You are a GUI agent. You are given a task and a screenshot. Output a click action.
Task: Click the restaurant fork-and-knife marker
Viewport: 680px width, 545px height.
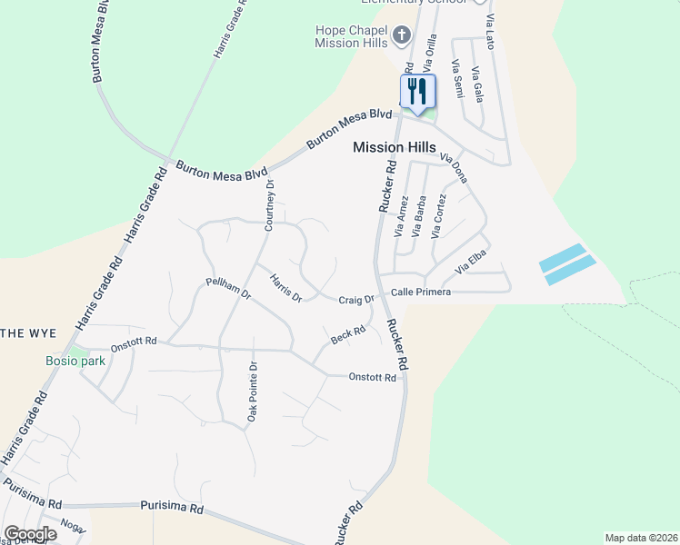coord(418,91)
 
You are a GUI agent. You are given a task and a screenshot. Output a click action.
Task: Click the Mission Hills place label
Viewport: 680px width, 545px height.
coord(394,147)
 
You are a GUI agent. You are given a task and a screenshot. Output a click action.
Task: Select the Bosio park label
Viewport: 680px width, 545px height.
coord(75,361)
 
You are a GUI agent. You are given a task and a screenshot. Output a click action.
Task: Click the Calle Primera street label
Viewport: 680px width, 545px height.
coord(420,292)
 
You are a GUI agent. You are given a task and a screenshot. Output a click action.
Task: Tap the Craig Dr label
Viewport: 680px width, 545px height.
coord(356,300)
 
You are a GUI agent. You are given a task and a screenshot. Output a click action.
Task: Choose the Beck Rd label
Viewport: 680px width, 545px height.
coord(348,336)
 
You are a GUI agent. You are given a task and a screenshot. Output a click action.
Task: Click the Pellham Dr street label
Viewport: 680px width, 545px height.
coord(228,290)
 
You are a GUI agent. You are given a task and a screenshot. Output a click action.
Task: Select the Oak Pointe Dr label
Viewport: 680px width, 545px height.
coord(253,391)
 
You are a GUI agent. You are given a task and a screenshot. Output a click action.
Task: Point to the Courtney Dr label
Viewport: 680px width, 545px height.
coord(269,205)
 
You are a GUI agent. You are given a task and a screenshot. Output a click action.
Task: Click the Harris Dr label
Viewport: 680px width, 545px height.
coord(285,287)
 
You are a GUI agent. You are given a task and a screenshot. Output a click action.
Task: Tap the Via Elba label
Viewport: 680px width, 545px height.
coord(472,263)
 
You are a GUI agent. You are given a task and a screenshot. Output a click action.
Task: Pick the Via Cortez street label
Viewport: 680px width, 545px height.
coord(439,215)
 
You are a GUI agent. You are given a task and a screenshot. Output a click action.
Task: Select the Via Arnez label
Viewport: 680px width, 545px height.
coord(400,218)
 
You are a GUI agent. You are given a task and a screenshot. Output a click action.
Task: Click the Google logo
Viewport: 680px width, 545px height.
coord(30,534)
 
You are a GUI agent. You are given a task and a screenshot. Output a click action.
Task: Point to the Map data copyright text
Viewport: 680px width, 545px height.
coord(640,538)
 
